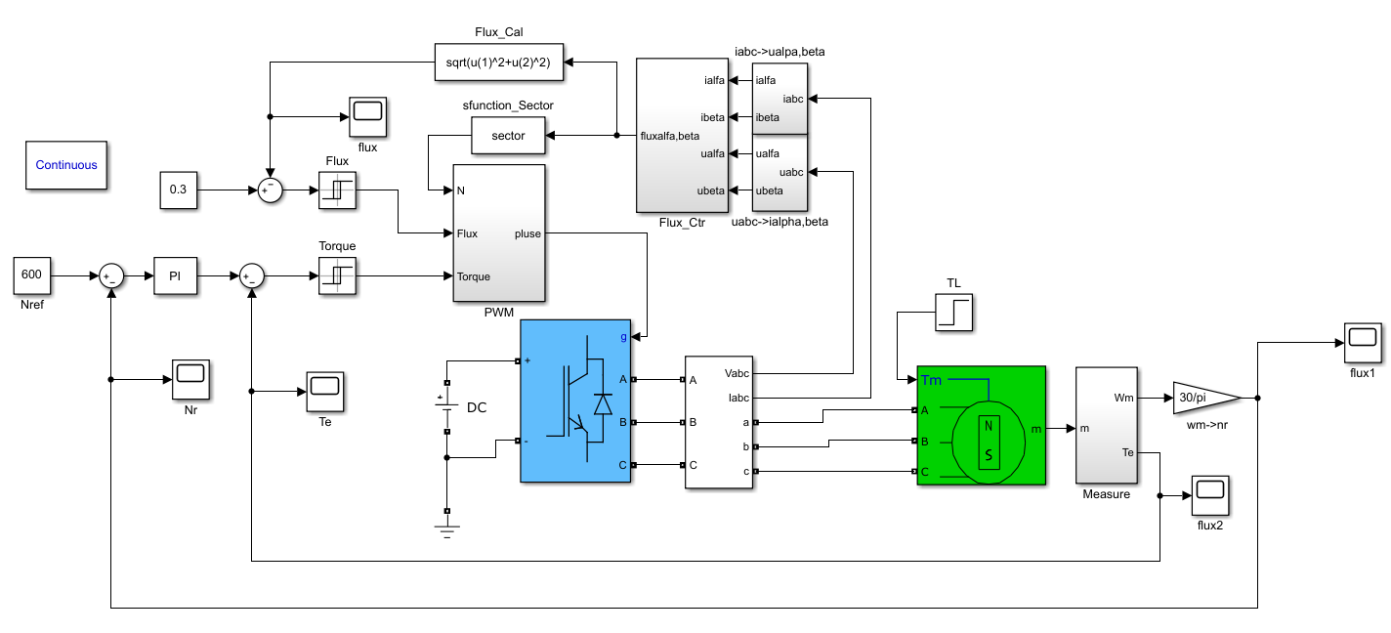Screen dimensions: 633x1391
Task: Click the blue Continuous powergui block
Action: pos(66,165)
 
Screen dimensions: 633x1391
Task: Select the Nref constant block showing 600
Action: pos(31,275)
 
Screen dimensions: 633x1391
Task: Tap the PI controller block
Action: pos(175,276)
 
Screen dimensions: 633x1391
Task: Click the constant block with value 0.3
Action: pos(178,190)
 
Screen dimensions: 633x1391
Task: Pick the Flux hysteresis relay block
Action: pos(337,190)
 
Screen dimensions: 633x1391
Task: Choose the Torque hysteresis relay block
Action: pos(337,275)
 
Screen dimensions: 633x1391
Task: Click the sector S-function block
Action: pos(508,136)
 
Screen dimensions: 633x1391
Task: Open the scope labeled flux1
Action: pos(1362,340)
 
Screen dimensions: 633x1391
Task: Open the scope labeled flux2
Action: pos(1209,495)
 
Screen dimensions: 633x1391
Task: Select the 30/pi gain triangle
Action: pos(1201,398)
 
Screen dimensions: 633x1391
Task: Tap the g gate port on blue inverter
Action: pos(623,337)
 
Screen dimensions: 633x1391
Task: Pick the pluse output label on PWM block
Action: pos(526,233)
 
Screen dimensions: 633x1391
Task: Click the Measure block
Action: pos(1106,425)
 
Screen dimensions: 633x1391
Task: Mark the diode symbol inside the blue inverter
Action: pos(603,402)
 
